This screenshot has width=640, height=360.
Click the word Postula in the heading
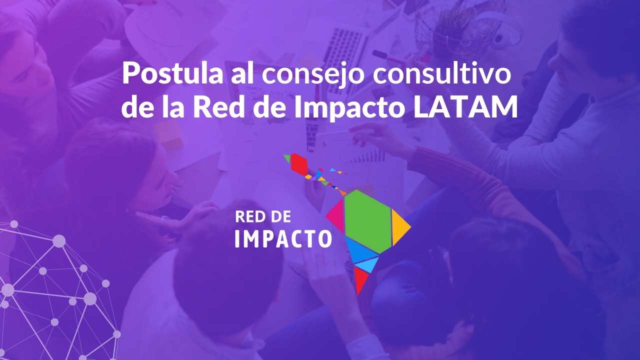(172, 73)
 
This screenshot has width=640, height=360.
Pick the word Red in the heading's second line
(218, 106)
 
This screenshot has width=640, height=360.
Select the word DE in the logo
(280, 217)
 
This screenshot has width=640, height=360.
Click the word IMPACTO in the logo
(283, 239)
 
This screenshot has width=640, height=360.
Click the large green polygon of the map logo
(367, 221)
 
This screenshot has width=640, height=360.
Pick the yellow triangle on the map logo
(399, 227)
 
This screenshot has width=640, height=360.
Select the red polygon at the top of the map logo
(299, 164)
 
